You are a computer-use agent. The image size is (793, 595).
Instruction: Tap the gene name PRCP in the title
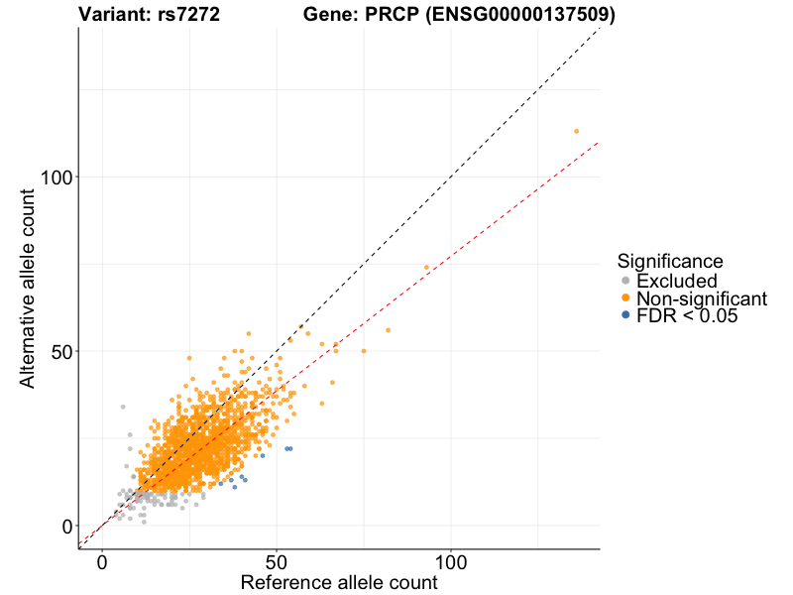(392, 14)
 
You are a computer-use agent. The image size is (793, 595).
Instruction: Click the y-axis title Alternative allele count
(28, 289)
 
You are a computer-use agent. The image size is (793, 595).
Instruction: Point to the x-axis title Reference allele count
(339, 582)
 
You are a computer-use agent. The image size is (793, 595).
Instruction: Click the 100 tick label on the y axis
(57, 178)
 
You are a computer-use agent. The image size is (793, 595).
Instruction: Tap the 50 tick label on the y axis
(62, 352)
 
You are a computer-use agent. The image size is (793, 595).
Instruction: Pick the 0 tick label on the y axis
(67, 527)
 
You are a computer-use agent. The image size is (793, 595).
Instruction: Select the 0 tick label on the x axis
(103, 562)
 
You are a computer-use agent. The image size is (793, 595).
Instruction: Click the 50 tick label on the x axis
(277, 562)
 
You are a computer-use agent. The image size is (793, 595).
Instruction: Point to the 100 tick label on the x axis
(451, 562)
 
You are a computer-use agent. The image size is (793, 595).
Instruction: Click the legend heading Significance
(670, 261)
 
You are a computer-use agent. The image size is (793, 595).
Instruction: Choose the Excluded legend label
(677, 281)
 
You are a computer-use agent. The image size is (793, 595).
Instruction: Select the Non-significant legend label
(702, 298)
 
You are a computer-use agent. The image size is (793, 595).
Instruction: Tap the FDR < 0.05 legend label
(687, 315)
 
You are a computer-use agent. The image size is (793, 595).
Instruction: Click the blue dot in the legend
(626, 314)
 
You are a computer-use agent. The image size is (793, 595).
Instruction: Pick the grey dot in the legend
(626, 281)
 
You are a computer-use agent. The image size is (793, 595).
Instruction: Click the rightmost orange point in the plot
(576, 132)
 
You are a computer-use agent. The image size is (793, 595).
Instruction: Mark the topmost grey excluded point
(123, 407)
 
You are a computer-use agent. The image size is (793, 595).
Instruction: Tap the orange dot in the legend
(626, 297)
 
